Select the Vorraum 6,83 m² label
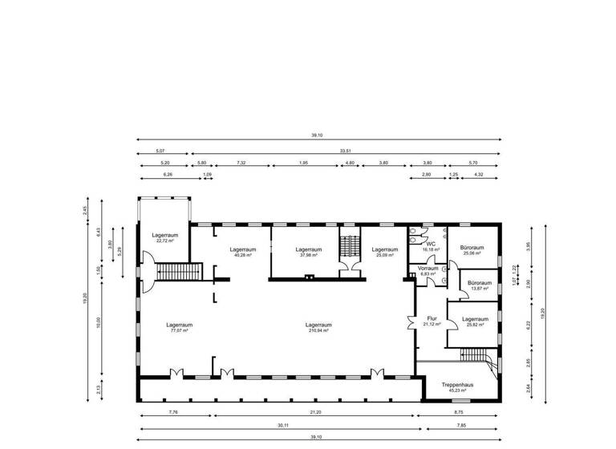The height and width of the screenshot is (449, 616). (x=429, y=271)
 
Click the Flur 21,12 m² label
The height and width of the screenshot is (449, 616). (x=432, y=321)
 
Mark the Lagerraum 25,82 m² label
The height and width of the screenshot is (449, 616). (x=475, y=322)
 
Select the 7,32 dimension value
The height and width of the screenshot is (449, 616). (x=241, y=163)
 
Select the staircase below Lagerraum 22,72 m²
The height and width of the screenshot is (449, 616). (x=176, y=272)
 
